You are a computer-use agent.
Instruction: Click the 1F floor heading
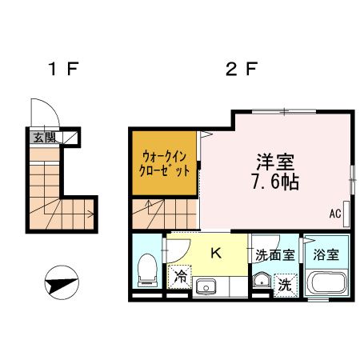[61, 70]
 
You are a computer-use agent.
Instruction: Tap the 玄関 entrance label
[41, 138]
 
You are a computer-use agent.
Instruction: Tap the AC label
[335, 214]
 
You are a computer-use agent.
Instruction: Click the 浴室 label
[326, 254]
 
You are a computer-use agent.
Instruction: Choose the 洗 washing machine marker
[285, 282]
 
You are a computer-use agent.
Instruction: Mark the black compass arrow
[62, 282]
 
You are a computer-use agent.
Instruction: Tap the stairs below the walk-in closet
[164, 214]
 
